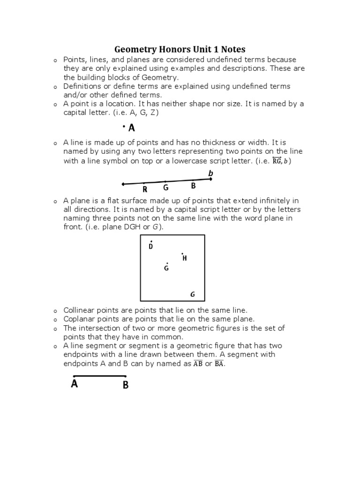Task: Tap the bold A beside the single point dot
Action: (132, 127)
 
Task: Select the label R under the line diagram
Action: (145, 189)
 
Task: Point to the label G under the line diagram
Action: (165, 187)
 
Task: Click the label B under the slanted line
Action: (193, 186)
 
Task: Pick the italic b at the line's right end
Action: (210, 173)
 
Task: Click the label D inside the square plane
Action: (150, 247)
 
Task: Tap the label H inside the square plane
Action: (185, 258)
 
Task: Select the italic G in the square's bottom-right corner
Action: (192, 294)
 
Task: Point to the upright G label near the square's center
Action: (166, 268)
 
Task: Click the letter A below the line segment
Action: (74, 384)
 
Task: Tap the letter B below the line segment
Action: (126, 385)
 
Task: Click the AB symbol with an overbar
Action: (198, 364)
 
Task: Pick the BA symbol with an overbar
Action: (219, 364)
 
